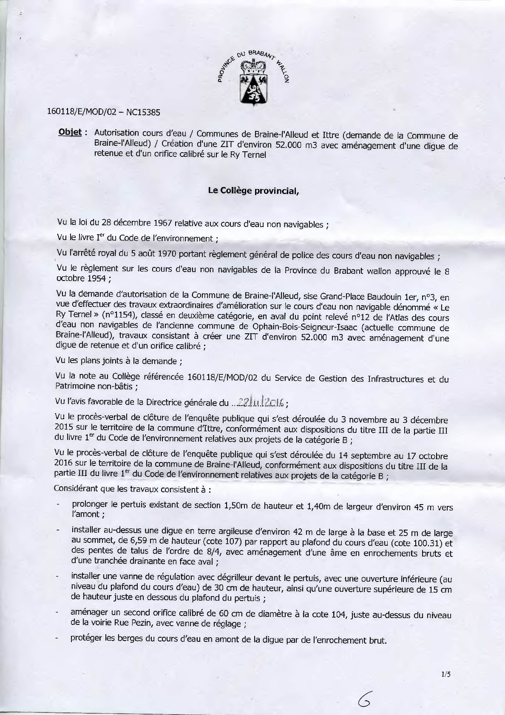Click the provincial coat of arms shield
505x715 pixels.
pos(253,88)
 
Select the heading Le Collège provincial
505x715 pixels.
pos(253,190)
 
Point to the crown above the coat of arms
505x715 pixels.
pos(253,65)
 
